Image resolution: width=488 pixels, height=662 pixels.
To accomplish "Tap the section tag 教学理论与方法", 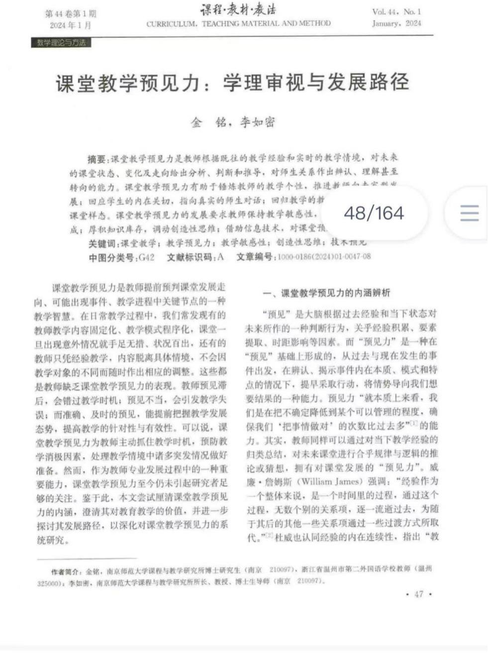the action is click(x=61, y=43).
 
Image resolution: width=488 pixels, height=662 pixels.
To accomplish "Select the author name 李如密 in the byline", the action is click(x=257, y=122).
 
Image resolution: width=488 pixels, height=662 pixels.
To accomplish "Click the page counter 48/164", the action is click(x=374, y=213).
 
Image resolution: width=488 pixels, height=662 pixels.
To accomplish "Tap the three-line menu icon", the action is click(x=469, y=213).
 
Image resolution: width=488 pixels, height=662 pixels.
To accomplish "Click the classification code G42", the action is click(x=147, y=257).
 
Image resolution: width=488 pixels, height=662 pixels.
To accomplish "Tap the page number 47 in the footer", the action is click(x=418, y=594).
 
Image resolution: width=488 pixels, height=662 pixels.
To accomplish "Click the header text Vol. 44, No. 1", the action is click(x=396, y=11).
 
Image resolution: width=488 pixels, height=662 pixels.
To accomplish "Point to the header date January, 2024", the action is click(x=396, y=23).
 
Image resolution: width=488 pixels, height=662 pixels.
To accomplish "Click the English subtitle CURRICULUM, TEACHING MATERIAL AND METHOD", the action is click(x=238, y=23).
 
